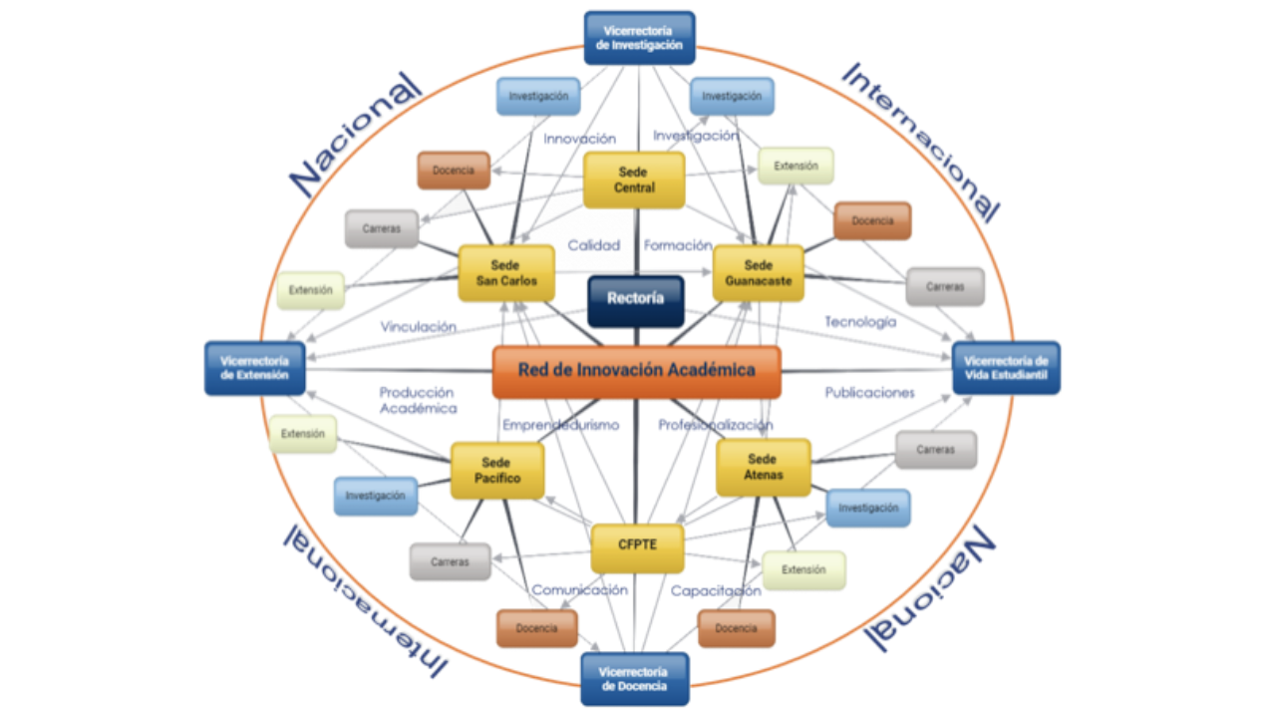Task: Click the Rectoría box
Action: click(x=635, y=299)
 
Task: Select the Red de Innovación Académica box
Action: click(x=636, y=371)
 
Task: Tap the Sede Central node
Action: click(x=634, y=180)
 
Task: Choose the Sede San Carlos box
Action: click(x=506, y=273)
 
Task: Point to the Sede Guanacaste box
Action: click(x=759, y=273)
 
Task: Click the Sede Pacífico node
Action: click(x=497, y=471)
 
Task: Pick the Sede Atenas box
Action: click(x=763, y=468)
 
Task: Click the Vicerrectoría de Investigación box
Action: click(x=639, y=38)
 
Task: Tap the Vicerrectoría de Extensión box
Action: click(x=255, y=368)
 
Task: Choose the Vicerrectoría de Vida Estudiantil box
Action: click(x=1006, y=368)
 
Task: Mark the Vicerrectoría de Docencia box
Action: click(x=634, y=679)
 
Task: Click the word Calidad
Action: click(x=594, y=245)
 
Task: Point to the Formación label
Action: click(x=678, y=245)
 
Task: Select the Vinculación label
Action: click(x=419, y=326)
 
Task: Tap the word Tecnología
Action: click(x=860, y=322)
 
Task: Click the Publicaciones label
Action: click(x=869, y=393)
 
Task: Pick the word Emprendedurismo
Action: click(x=560, y=425)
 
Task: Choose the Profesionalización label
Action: click(x=715, y=425)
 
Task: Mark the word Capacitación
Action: click(x=716, y=590)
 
